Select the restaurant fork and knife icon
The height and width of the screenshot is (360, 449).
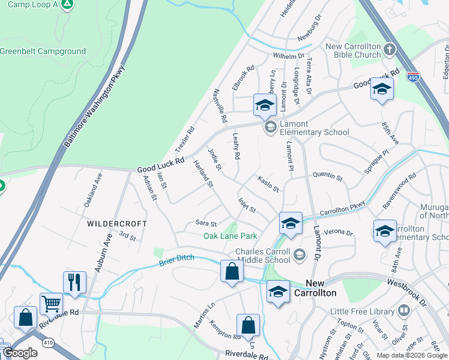pos(74,281)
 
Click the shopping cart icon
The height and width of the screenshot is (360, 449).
pos(52,304)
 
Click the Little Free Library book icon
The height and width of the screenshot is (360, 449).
pos(404,311)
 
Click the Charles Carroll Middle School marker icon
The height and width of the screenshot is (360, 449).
pos(298,256)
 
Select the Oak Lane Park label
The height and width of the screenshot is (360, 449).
pos(231,236)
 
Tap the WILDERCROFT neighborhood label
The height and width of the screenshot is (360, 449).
pos(117,223)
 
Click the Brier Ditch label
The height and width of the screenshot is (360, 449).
pos(178,262)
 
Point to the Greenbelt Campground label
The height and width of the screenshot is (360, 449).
pos(43,52)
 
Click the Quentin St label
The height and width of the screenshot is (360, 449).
pos(328,177)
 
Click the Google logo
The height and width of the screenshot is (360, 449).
pos(20,353)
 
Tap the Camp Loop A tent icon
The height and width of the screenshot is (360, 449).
pos(68,5)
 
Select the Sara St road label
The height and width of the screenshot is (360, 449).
pos(206,223)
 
